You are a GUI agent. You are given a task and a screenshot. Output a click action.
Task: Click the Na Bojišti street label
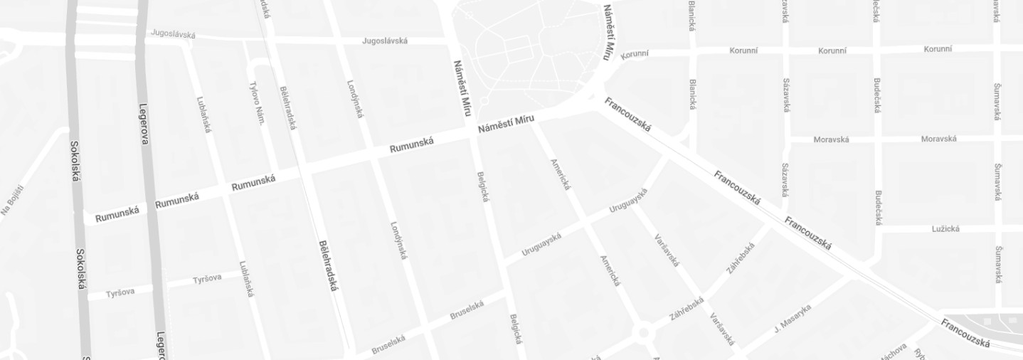tap(12, 200)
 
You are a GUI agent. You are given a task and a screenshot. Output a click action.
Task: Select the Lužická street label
tap(945, 228)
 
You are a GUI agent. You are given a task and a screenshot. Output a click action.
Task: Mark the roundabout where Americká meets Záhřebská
tap(644, 332)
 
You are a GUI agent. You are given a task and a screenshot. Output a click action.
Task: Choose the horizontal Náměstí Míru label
tap(506, 122)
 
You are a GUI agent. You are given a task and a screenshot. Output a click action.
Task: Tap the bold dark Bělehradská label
tap(329, 265)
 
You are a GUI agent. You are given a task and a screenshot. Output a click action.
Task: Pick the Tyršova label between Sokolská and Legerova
tap(120, 292)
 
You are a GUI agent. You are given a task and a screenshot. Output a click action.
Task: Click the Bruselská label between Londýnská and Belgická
tap(467, 310)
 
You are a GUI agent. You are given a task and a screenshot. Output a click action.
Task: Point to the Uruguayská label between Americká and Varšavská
tap(628, 201)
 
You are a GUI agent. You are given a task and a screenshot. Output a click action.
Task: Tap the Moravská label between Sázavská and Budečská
tap(831, 139)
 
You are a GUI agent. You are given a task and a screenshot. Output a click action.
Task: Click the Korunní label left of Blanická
tap(635, 55)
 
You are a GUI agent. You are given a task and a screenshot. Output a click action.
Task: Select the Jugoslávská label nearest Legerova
tap(173, 33)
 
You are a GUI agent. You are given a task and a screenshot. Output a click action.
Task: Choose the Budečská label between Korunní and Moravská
tap(877, 95)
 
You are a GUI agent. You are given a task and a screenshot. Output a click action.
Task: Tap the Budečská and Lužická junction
tap(877, 229)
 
